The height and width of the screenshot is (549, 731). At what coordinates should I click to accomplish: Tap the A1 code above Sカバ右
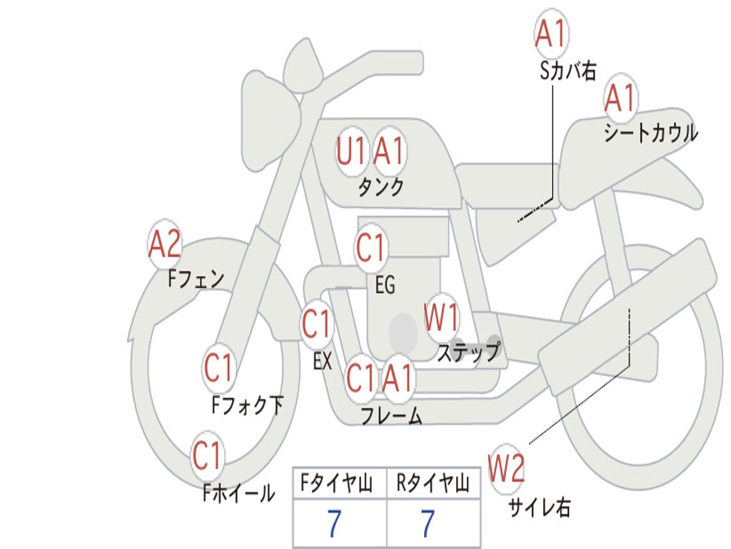[550, 34]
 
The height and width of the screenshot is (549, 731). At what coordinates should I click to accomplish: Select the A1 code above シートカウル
[620, 99]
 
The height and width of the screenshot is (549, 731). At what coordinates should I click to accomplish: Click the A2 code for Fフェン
[164, 245]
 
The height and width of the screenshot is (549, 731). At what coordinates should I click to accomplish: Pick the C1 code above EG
[370, 249]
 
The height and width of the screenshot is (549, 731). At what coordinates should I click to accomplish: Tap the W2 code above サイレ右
[506, 470]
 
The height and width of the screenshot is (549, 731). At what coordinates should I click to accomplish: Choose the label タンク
[380, 187]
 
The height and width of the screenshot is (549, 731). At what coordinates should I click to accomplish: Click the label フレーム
[391, 415]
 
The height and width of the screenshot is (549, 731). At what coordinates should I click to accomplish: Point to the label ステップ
[468, 352]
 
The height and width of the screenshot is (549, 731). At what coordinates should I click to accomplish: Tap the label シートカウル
[650, 134]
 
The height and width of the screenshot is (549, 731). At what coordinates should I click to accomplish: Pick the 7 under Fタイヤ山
[334, 524]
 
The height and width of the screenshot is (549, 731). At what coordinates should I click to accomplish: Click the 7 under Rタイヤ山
[428, 524]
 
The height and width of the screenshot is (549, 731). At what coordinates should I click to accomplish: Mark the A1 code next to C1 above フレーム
[398, 378]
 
